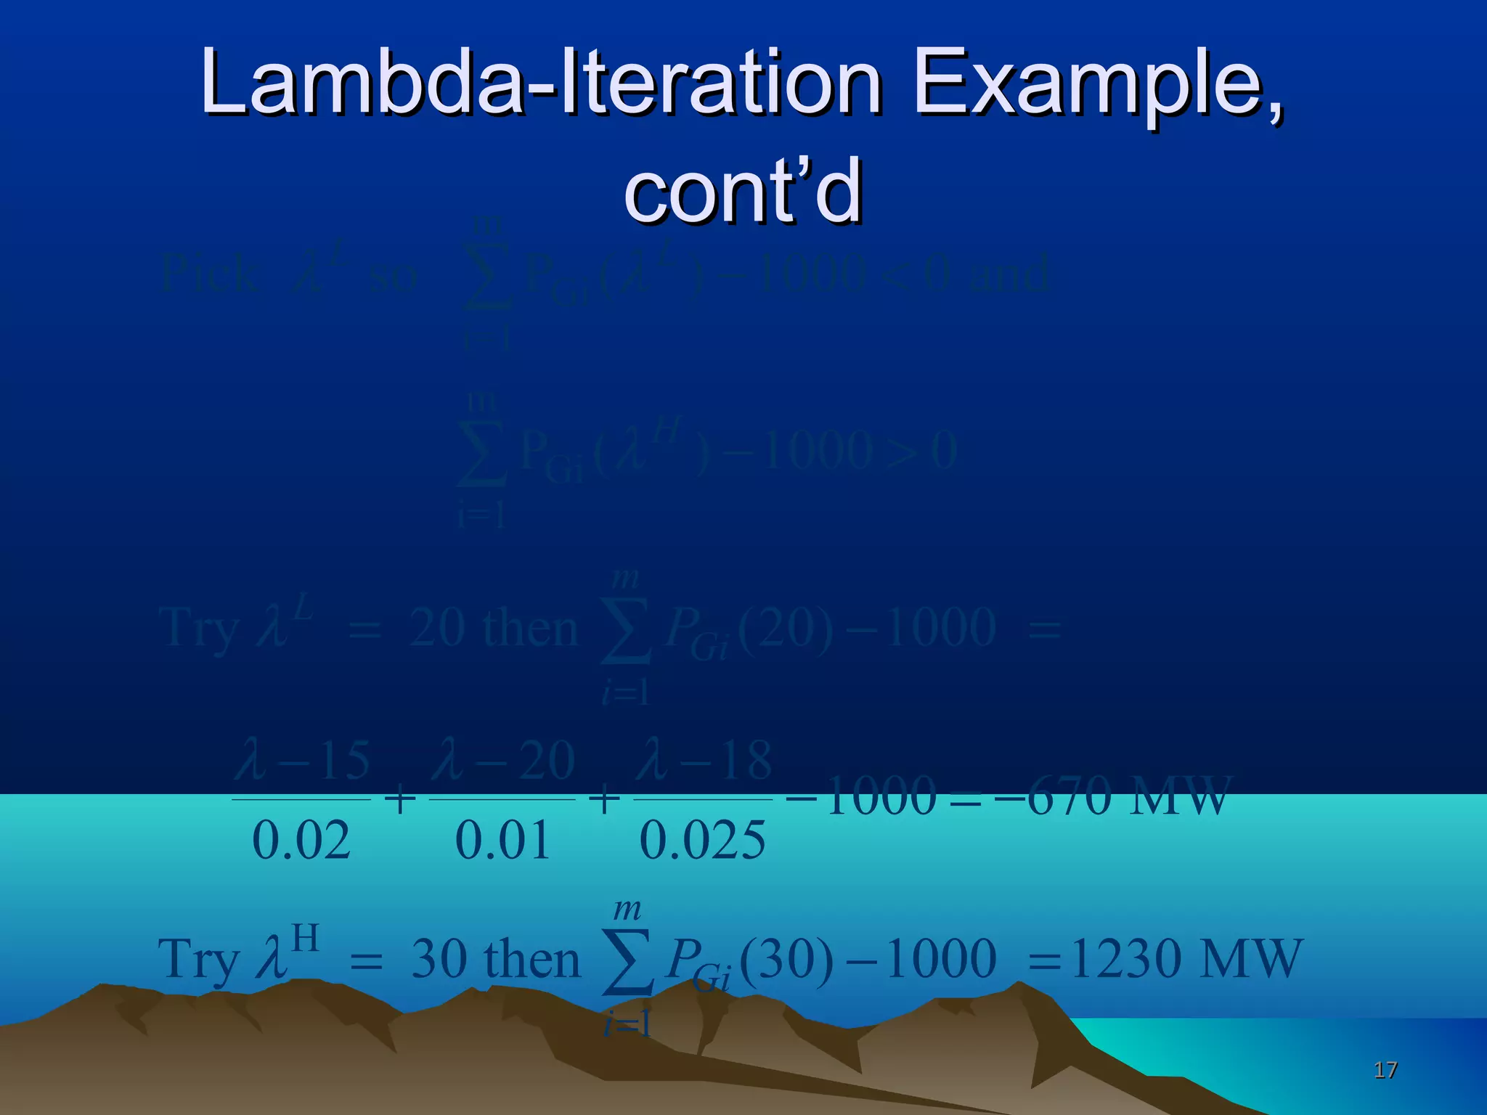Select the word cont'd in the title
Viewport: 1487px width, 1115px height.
743,190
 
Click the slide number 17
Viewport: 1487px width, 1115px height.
1385,1069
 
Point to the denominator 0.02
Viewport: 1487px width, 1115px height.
301,841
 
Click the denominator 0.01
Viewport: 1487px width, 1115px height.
502,841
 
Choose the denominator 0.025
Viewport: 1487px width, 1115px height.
702,841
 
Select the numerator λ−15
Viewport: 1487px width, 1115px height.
302,761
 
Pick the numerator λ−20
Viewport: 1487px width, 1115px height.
503,761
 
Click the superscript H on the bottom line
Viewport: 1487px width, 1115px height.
305,938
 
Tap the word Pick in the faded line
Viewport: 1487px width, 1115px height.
209,274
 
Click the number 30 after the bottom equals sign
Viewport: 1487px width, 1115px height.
439,959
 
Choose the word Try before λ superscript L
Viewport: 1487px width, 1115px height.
197,629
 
